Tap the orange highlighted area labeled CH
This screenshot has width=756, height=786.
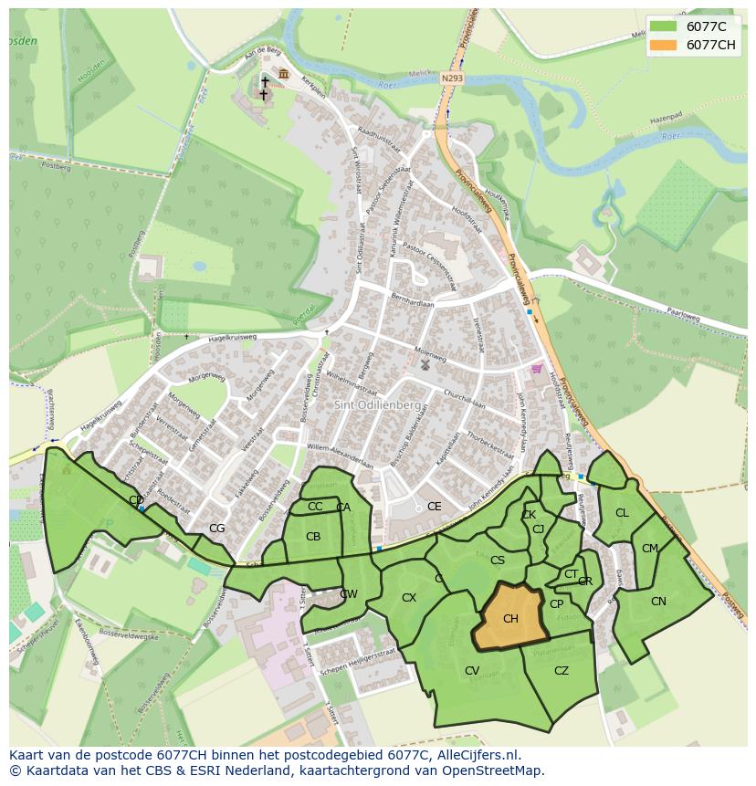point(509,618)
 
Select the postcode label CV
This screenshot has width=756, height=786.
point(471,670)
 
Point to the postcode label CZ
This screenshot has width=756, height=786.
point(561,670)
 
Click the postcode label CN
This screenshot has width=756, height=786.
point(658,601)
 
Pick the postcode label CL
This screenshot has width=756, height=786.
point(622,513)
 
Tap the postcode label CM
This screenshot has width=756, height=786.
point(649,549)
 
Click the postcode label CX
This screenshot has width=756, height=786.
point(408,598)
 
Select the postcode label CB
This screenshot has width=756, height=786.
point(312,537)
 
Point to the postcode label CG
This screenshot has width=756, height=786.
point(216,528)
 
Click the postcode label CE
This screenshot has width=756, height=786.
point(434,507)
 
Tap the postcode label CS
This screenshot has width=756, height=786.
point(497,561)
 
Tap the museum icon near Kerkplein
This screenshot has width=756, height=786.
point(284,74)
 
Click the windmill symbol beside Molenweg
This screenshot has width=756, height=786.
point(425,364)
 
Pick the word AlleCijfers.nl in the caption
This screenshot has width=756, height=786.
point(476,755)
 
